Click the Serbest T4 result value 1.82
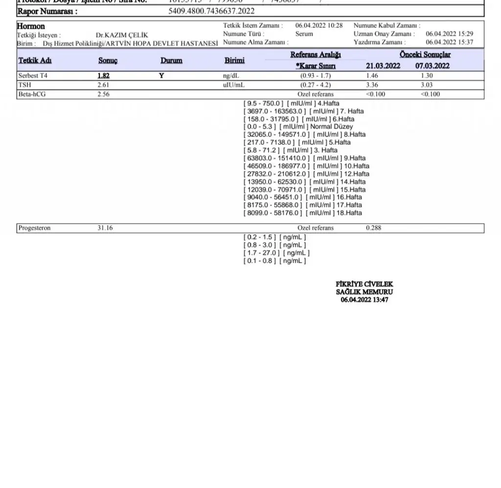(103, 76)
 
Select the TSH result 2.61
(103, 85)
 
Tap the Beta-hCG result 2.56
(103, 94)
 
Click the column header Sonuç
(108, 61)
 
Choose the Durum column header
(171, 61)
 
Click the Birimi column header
(234, 61)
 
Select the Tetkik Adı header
(35, 61)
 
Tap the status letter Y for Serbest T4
(161, 76)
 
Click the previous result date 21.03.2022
(383, 66)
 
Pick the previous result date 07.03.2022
(433, 66)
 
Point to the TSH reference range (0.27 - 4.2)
(315, 85)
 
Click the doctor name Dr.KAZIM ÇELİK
(122, 35)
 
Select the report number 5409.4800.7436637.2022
(211, 11)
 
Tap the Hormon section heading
(31, 26)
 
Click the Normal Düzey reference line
(298, 127)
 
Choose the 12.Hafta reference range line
(307, 174)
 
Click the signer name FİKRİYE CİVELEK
(364, 284)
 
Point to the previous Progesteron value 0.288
(373, 228)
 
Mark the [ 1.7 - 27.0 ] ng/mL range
(276, 253)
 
